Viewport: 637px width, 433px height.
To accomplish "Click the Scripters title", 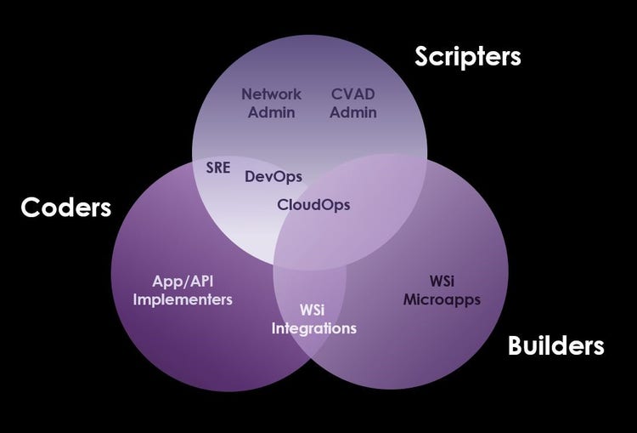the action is click(x=468, y=56).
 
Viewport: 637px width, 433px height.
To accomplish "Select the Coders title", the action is click(x=65, y=207).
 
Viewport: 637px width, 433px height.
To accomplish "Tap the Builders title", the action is click(x=555, y=345).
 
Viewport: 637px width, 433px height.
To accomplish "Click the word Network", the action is click(x=272, y=94).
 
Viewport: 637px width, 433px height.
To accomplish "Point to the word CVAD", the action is click(x=353, y=94).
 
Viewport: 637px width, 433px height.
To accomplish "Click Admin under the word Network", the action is click(x=272, y=112).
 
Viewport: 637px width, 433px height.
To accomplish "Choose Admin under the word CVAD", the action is click(x=353, y=112).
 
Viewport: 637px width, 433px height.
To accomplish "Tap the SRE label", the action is click(x=218, y=168).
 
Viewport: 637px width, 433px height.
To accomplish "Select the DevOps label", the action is click(x=273, y=177).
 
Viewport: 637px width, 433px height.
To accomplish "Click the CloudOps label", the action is click(x=313, y=204).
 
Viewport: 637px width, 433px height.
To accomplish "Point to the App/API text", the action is click(x=183, y=282).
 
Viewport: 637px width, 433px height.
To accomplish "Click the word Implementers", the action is click(x=183, y=299).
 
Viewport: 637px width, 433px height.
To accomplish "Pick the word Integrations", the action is click(x=314, y=328).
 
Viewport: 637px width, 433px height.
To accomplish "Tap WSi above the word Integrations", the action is click(x=313, y=310).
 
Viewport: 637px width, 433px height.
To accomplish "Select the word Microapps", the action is click(x=442, y=300).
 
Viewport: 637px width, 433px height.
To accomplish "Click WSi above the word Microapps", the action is click(x=442, y=282).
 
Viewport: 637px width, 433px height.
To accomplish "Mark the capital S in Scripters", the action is click(x=422, y=56).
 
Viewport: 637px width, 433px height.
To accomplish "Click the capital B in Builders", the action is click(x=516, y=345).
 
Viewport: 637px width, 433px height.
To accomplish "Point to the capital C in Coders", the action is click(x=30, y=207).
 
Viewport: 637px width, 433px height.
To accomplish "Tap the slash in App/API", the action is click(x=183, y=282).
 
